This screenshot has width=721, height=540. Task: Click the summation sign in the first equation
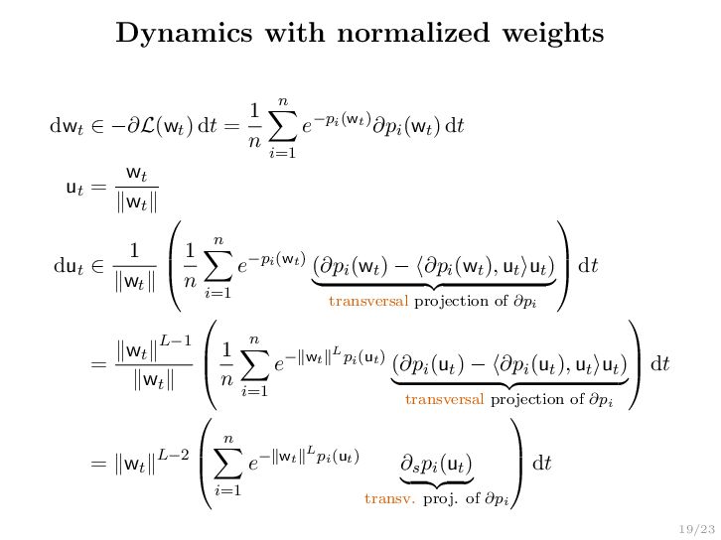pyautogui.click(x=282, y=126)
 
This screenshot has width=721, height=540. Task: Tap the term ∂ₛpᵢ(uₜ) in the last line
pyautogui.click(x=436, y=464)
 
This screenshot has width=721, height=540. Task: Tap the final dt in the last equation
pyautogui.click(x=541, y=463)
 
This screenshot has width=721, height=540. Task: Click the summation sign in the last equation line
pyautogui.click(x=227, y=463)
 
